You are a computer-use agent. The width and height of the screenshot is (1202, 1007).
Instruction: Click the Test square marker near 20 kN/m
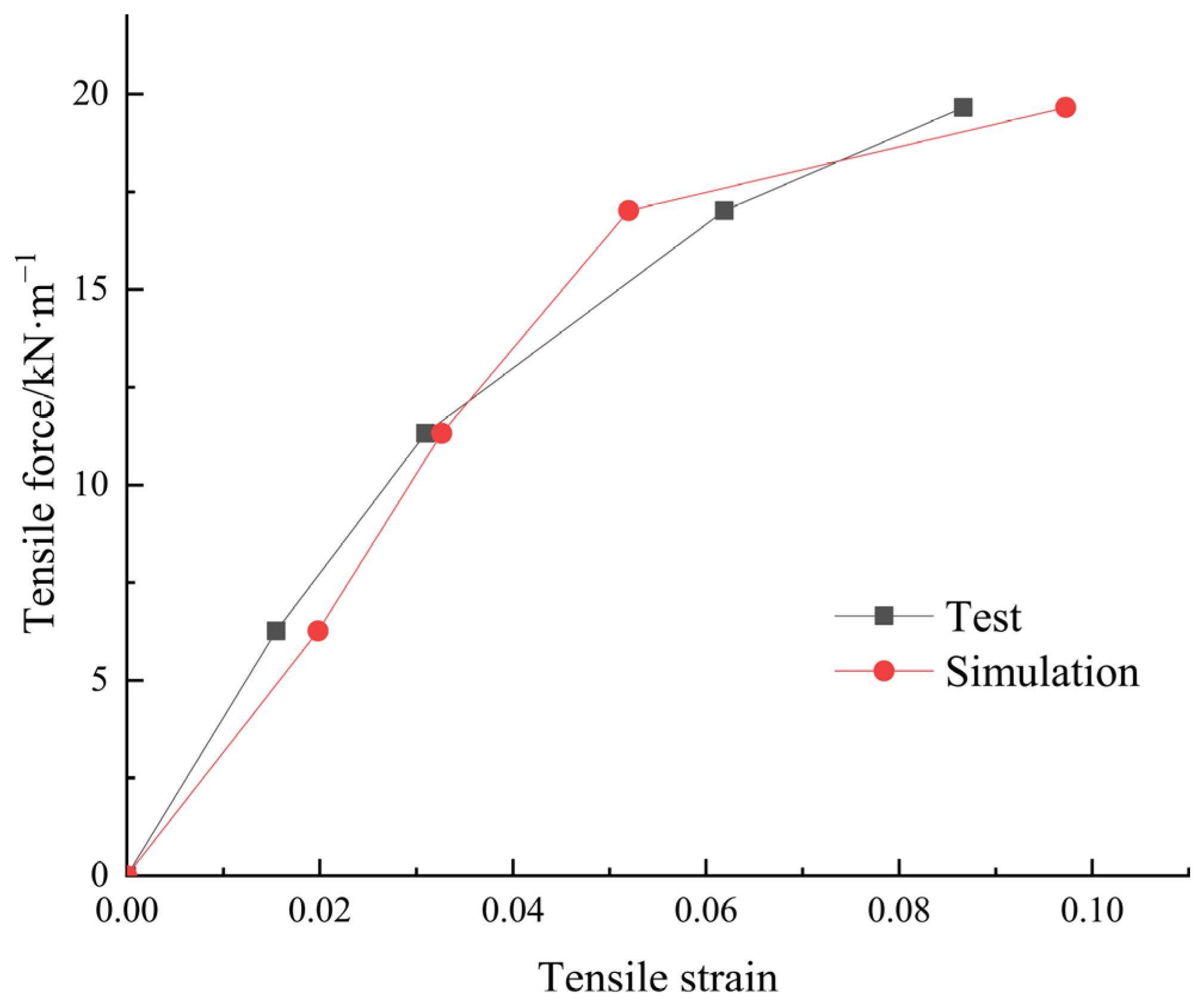[x=963, y=107]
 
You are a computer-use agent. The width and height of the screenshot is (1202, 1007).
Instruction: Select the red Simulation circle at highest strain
[x=1065, y=107]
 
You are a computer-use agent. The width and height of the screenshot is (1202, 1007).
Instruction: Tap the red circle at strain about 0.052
[x=628, y=210]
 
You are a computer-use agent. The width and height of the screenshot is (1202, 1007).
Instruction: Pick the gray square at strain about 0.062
[x=724, y=210]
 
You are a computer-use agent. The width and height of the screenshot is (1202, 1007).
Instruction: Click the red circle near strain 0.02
[x=318, y=631]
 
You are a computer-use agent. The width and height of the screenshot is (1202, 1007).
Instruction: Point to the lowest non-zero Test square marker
[x=276, y=631]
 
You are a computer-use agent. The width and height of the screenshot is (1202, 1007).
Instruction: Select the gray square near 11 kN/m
[x=425, y=433]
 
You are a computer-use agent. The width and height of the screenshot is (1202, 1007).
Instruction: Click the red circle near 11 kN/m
[x=441, y=433]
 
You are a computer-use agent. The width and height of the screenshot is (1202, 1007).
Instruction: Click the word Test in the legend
[x=984, y=617]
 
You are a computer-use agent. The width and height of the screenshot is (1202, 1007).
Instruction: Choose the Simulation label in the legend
[x=1042, y=673]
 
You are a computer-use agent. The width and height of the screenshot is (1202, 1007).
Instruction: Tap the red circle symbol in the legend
[x=883, y=671]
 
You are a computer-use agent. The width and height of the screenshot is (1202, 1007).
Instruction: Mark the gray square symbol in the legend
[x=883, y=615]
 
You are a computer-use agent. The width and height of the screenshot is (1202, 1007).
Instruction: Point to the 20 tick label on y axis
[x=90, y=94]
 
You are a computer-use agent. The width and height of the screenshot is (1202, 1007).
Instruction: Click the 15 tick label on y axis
[x=90, y=289]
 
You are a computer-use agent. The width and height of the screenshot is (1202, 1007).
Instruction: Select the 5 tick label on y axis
[x=99, y=680]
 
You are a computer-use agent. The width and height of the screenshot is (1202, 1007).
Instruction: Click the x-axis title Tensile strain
[x=658, y=978]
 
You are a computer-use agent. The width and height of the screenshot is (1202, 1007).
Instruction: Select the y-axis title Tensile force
[x=39, y=444]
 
